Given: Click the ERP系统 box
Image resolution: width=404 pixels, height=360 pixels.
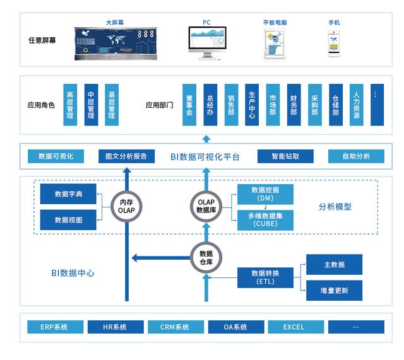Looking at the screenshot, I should tap(56, 327).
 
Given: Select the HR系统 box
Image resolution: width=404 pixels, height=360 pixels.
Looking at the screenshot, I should tap(115, 327).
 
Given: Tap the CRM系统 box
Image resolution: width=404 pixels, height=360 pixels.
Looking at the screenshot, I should tap(174, 327).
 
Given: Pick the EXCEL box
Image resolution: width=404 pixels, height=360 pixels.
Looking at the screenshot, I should tap(294, 327).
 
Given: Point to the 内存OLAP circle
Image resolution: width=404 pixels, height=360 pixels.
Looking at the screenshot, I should tap(127, 206).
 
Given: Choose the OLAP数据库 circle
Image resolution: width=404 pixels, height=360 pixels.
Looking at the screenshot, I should tap(206, 206).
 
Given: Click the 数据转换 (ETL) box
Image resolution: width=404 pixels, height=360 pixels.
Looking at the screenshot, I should tap(265, 277).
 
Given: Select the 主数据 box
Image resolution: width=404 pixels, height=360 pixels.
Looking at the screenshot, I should tap(335, 264).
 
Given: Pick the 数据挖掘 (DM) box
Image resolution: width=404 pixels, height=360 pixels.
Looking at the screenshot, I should tap(265, 194).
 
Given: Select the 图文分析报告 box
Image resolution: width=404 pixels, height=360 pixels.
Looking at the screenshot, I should tap(126, 156).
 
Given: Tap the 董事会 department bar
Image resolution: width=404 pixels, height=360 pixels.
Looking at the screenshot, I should tap(189, 104).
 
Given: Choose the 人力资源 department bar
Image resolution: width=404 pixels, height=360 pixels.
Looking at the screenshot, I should tap(357, 104).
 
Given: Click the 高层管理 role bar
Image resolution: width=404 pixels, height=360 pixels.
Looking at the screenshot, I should tap(71, 104).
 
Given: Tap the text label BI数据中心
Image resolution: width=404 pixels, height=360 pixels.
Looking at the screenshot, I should tap(74, 274).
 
